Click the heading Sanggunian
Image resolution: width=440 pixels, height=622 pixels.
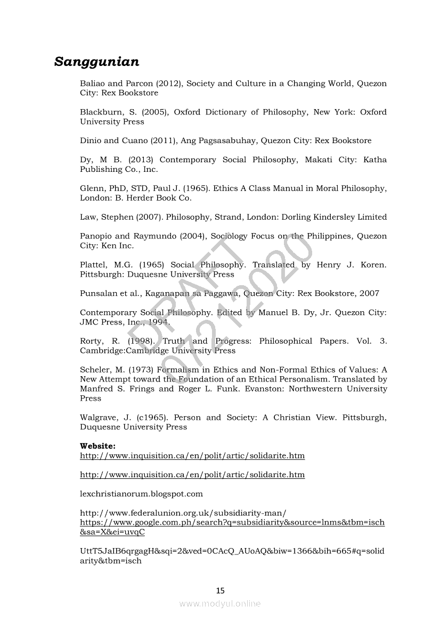point(96,62)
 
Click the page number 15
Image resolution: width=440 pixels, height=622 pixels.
point(221,590)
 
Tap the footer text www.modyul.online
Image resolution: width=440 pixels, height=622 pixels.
point(220,603)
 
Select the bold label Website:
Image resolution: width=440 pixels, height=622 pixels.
point(97,445)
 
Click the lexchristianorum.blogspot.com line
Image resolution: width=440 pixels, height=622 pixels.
point(141,494)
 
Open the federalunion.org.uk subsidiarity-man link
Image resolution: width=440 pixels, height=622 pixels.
point(183,513)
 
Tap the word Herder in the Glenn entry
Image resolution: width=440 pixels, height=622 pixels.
point(140,198)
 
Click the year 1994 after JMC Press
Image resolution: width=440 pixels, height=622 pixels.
point(159,322)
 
